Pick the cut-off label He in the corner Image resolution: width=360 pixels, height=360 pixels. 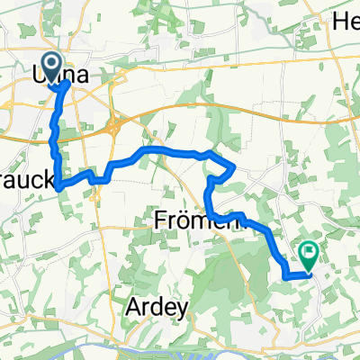click(x=346, y=20)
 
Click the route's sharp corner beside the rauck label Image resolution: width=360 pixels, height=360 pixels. click(x=59, y=188)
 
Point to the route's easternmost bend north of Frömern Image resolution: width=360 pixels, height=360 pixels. click(x=235, y=167)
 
